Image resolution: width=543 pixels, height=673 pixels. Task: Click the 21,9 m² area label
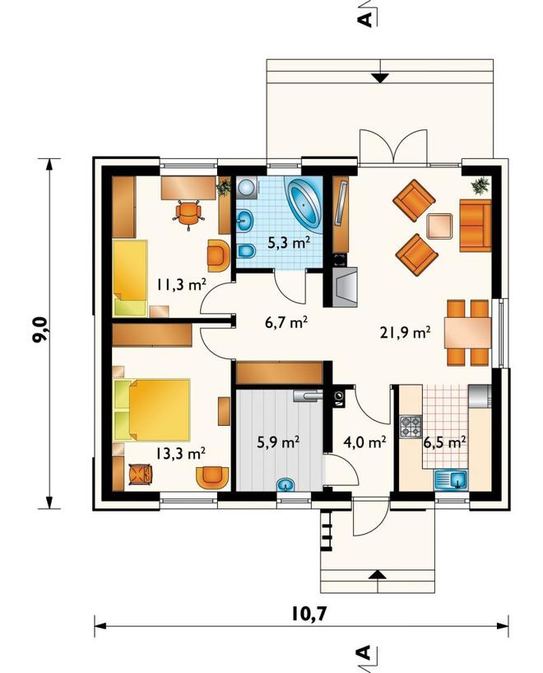(x=405, y=333)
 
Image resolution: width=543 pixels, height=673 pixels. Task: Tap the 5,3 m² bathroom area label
(x=289, y=243)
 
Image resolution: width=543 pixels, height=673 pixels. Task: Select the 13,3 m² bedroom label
(x=180, y=453)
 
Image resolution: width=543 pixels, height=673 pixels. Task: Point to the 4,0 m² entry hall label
(x=364, y=442)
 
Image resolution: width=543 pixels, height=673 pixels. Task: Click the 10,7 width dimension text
(x=309, y=614)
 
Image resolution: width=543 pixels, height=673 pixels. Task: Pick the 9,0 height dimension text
(x=39, y=330)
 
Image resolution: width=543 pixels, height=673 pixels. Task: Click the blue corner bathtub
(x=304, y=203)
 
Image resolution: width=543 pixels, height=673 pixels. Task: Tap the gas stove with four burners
(x=411, y=427)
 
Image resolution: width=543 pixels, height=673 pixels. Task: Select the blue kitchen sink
(x=452, y=480)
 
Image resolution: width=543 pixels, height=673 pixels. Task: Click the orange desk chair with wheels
(x=188, y=213)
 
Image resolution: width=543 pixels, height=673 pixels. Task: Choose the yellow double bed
(x=152, y=410)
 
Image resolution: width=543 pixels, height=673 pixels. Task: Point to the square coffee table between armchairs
(x=439, y=227)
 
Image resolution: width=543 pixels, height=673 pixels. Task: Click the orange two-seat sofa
(x=476, y=225)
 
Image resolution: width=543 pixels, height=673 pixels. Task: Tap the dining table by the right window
(x=467, y=332)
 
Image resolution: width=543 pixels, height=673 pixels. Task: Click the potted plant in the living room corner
(x=480, y=186)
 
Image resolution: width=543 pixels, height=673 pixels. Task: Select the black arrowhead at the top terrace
(x=380, y=78)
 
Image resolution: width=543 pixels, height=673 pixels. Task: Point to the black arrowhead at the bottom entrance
(x=377, y=574)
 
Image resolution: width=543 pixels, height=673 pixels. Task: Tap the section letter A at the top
(x=364, y=19)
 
